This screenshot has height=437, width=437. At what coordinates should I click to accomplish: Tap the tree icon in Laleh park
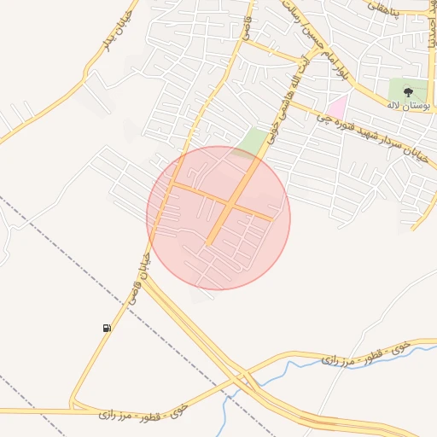pyautogui.click(x=406, y=91)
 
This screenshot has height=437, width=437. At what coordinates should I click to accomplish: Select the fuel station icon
pyautogui.click(x=107, y=328)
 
